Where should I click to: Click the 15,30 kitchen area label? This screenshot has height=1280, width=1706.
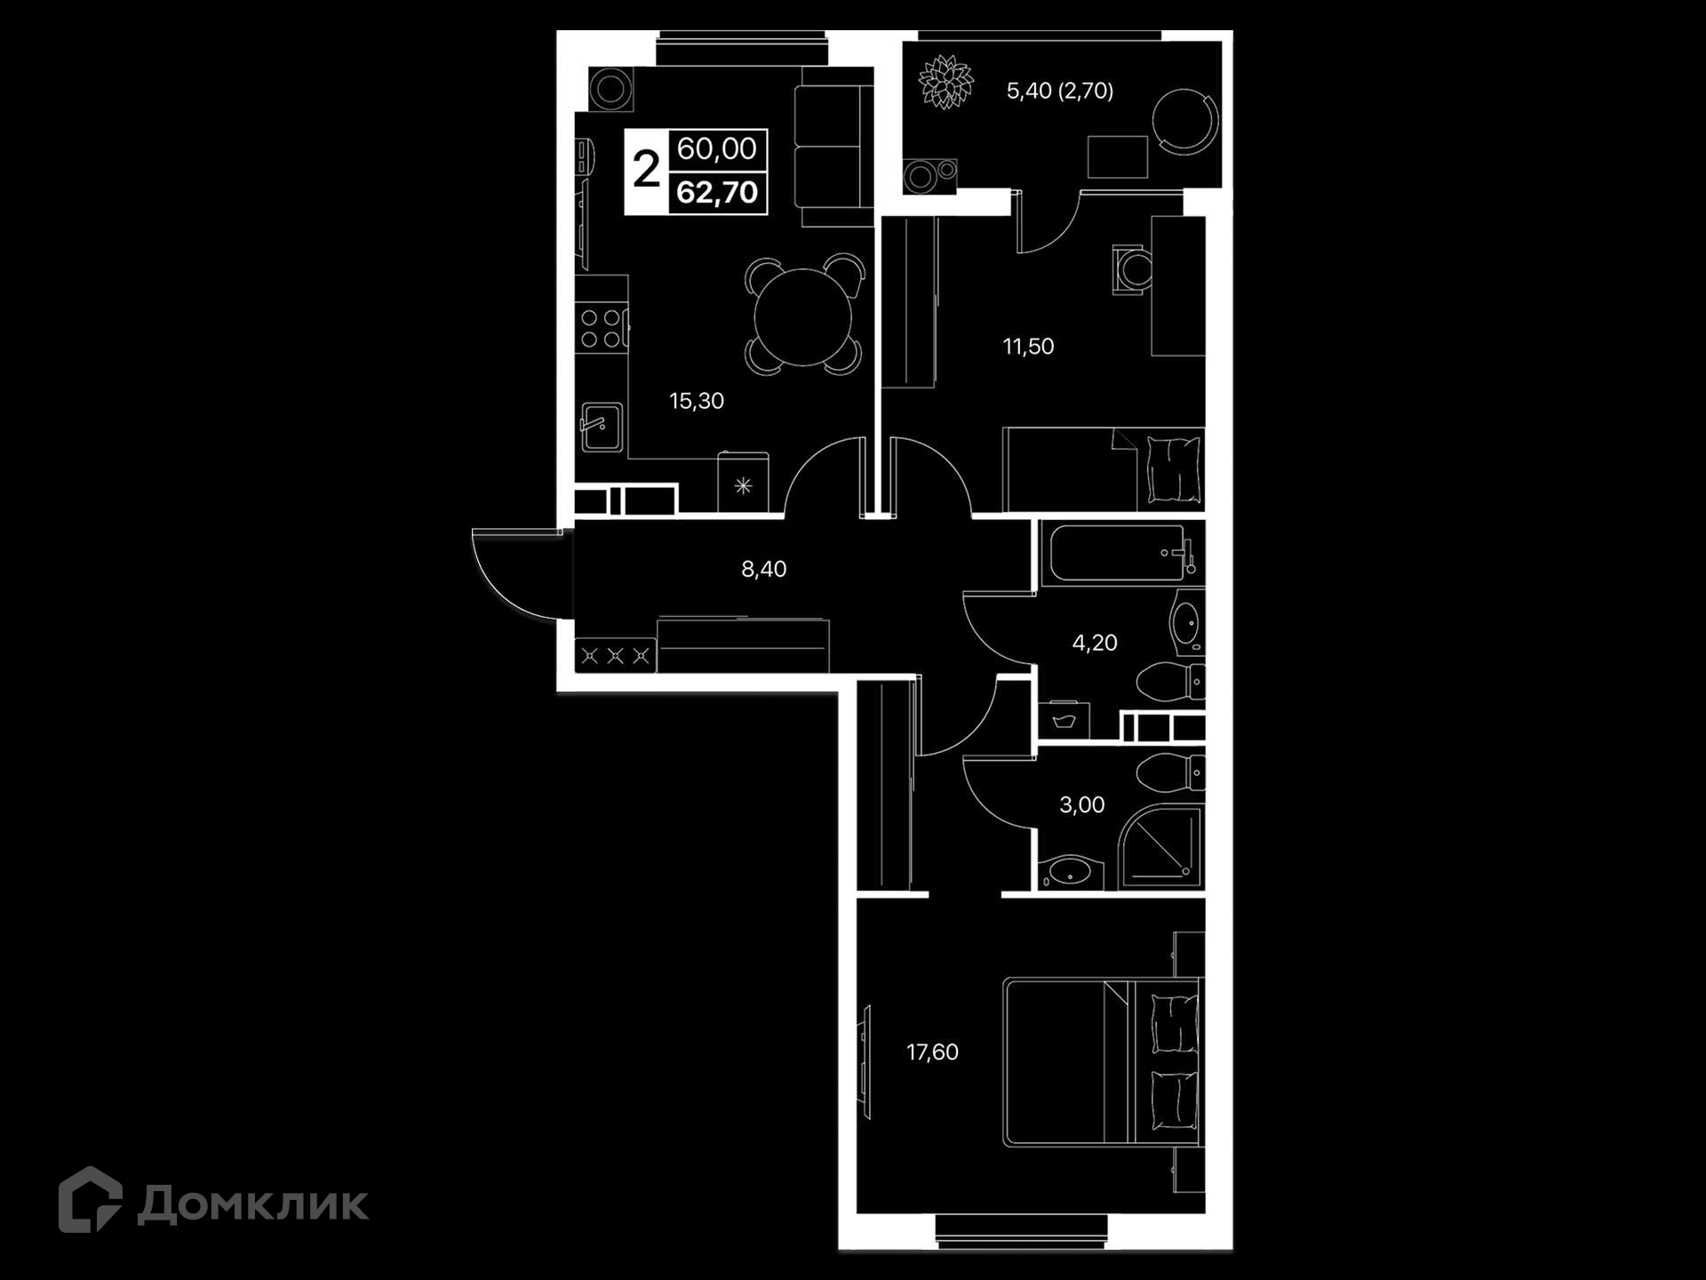click(x=697, y=401)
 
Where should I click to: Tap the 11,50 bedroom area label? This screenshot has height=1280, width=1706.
click(x=1028, y=346)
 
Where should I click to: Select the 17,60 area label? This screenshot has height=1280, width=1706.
click(x=932, y=1052)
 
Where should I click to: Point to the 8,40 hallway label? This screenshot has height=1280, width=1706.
click(x=764, y=569)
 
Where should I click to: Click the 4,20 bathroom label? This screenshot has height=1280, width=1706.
click(x=1095, y=643)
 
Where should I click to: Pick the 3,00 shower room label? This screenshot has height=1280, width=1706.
click(x=1082, y=805)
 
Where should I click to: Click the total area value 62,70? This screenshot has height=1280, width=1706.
click(x=717, y=193)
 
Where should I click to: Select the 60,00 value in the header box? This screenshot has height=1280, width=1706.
click(x=717, y=148)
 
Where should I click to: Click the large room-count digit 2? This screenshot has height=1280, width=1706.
click(x=646, y=169)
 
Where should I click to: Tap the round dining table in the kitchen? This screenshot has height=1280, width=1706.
click(x=803, y=317)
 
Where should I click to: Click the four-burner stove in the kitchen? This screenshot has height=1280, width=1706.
click(x=601, y=328)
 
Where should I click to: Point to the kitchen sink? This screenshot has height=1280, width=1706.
click(x=602, y=428)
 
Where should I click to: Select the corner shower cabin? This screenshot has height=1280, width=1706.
click(x=1160, y=846)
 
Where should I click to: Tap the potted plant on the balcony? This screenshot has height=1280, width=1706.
click(x=945, y=83)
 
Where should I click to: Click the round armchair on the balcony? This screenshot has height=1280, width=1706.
click(x=1186, y=122)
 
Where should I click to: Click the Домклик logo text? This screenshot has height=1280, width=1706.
click(x=252, y=1204)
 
